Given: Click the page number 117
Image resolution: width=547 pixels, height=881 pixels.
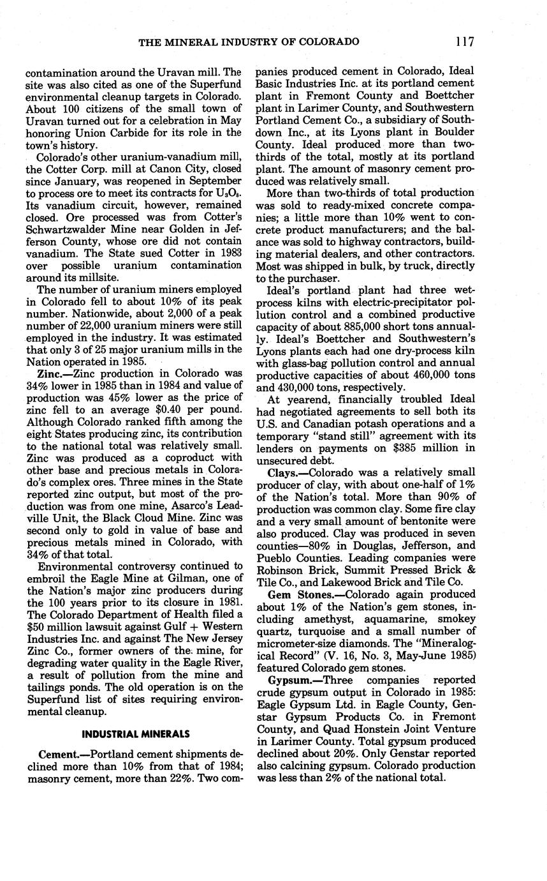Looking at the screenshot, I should pos(465,42).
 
